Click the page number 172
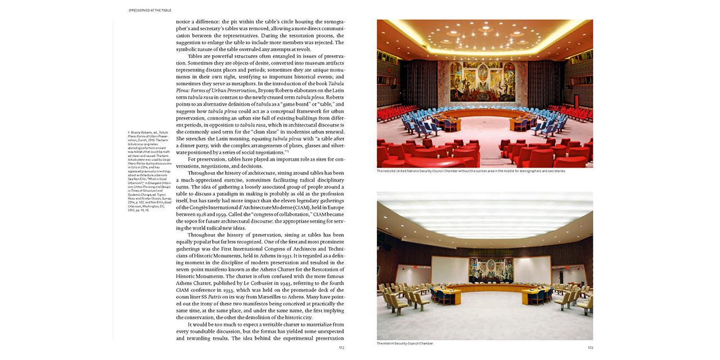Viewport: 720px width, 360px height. point(341,348)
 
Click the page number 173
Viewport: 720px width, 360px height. point(590,348)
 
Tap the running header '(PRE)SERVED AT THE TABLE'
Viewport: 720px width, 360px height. point(150,10)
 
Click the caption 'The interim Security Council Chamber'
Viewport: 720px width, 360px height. point(405,343)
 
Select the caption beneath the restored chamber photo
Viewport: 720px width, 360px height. point(471,170)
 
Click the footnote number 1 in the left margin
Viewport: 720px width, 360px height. point(129,132)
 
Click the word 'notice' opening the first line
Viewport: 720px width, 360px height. point(185,22)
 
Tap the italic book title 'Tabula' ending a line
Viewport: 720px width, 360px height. point(336,83)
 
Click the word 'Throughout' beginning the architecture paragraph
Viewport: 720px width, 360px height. point(206,173)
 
